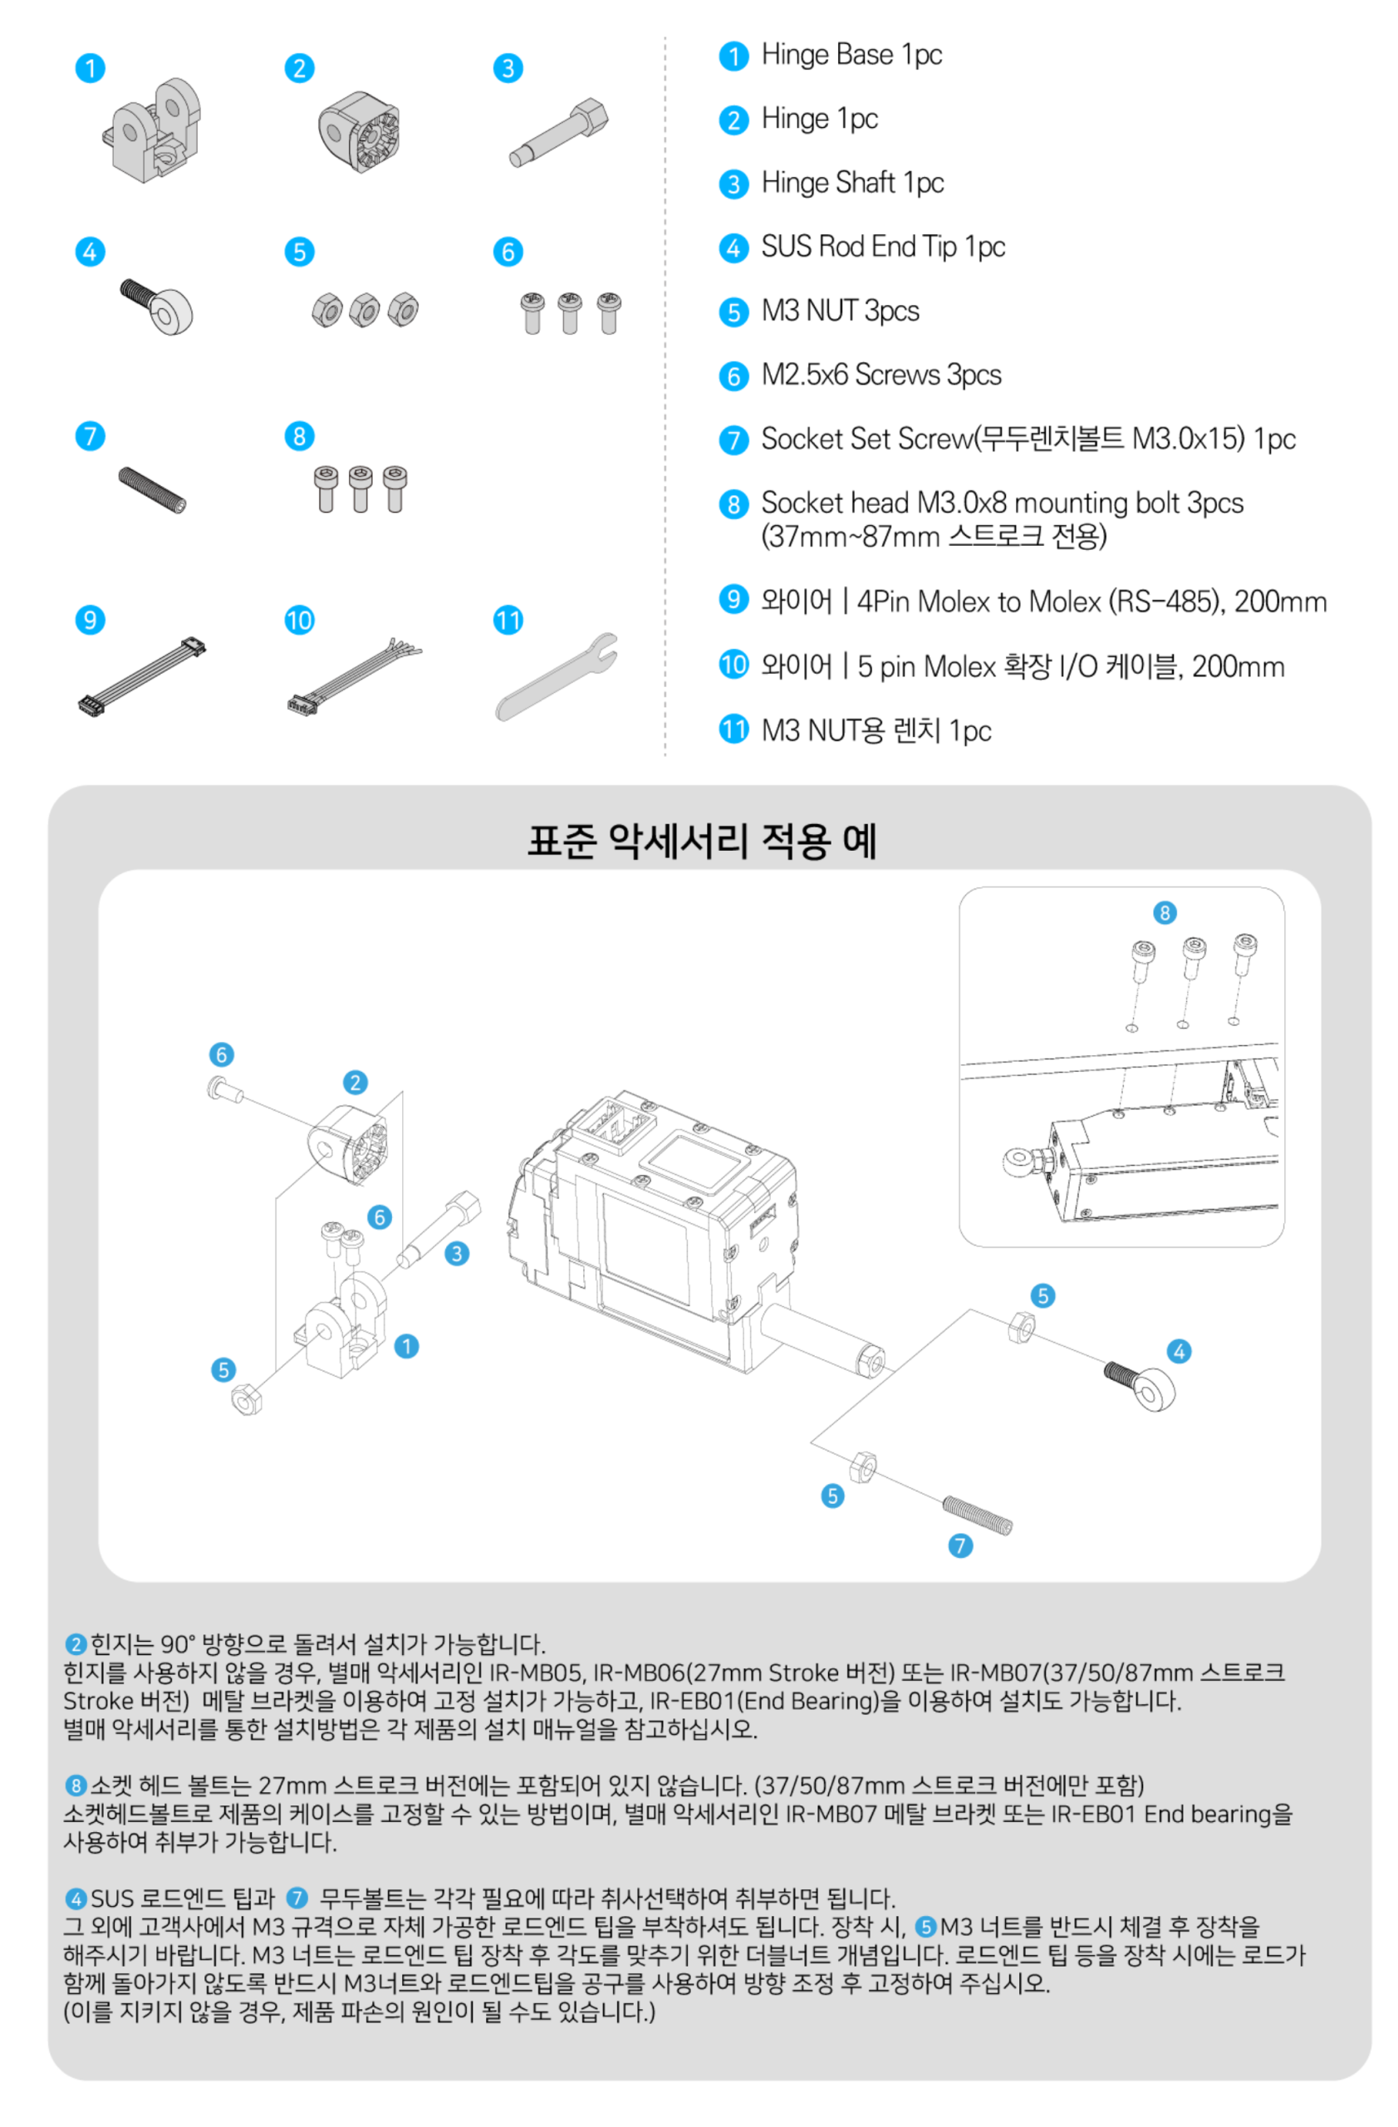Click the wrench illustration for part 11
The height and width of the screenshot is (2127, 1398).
tap(556, 676)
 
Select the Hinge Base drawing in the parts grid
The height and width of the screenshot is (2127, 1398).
tap(151, 130)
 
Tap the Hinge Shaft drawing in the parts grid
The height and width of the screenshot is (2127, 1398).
tap(559, 132)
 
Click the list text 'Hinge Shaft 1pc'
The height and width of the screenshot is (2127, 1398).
tap(852, 184)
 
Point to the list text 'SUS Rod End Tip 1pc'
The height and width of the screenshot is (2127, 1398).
tap(882, 247)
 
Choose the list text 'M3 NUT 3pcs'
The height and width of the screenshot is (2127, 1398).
tap(840, 311)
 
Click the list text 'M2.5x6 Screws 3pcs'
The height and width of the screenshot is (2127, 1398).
tap(880, 376)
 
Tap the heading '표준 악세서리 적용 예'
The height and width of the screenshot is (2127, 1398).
tap(701, 840)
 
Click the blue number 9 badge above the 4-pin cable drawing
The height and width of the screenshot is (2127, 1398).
tap(91, 619)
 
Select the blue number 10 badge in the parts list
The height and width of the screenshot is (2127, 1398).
tap(733, 664)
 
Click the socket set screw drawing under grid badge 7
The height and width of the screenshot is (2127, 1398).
tap(152, 491)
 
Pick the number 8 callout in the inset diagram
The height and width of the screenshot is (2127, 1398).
tap(1164, 912)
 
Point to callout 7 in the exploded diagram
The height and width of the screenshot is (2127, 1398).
tap(959, 1545)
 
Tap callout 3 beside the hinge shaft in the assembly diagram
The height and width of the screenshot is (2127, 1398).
tap(457, 1253)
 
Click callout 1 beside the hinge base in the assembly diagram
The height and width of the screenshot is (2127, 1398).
tap(406, 1346)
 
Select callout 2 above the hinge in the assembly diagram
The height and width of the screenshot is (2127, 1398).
tap(355, 1083)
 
